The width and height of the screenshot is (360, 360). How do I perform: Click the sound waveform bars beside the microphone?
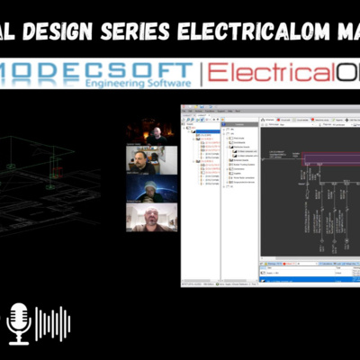[53, 323]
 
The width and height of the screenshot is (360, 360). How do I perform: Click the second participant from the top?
[145, 159]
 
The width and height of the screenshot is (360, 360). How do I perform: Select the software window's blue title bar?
[270, 109]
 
